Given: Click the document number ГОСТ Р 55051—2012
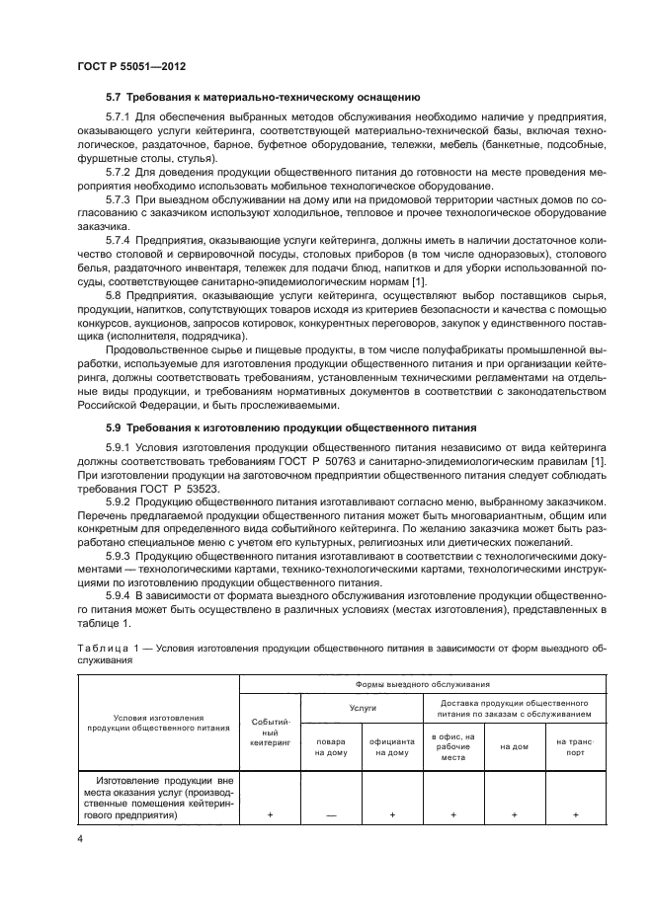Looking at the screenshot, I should click(x=131, y=65).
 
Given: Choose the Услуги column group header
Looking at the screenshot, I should click(x=362, y=707).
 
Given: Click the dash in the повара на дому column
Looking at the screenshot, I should click(x=330, y=815).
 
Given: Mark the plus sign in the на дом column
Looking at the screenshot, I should click(x=514, y=815).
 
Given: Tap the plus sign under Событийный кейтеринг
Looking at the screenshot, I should click(x=270, y=815).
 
